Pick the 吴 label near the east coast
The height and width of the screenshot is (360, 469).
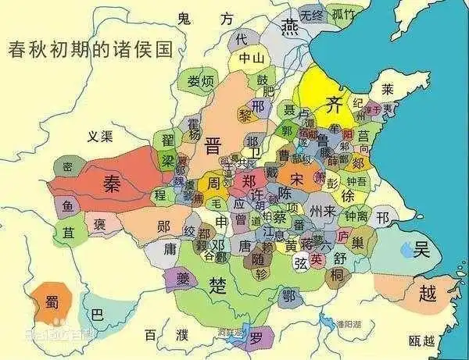[x=422, y=250]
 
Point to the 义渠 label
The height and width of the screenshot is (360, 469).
[x=101, y=137]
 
